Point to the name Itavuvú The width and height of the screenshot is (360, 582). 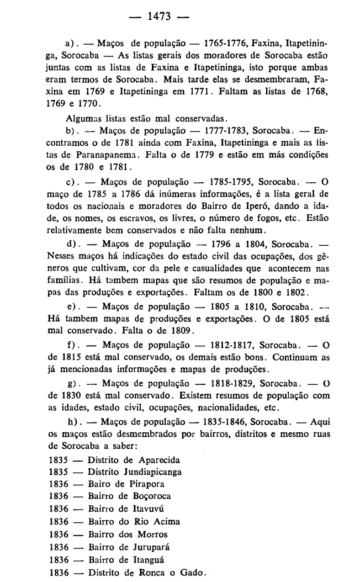(145, 508)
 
